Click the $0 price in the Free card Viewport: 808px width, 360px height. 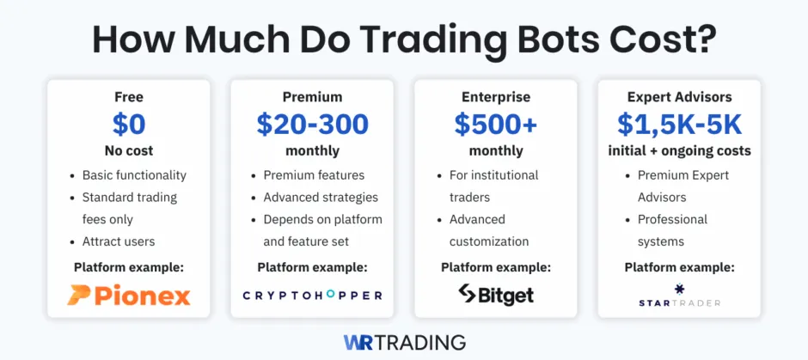(x=128, y=125)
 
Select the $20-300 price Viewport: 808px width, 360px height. (x=312, y=125)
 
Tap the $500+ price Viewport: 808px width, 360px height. (x=496, y=125)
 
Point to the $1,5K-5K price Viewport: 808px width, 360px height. (x=679, y=125)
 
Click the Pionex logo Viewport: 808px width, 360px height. (x=128, y=296)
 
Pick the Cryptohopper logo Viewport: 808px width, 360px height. (x=312, y=295)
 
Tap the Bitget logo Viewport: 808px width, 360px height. (x=496, y=295)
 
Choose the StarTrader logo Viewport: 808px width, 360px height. (x=679, y=296)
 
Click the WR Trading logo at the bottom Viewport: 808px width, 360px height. (x=404, y=342)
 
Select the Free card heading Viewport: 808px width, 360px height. (x=128, y=97)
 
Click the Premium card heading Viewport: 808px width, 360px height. (x=312, y=97)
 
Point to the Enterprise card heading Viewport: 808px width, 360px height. (x=496, y=97)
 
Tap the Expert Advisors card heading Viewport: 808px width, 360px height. (x=679, y=97)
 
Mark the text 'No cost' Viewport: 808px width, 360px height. (x=128, y=151)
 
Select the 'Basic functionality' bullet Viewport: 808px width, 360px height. (x=134, y=175)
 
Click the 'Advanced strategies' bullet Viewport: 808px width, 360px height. (x=321, y=198)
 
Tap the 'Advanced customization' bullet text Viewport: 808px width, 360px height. (x=489, y=230)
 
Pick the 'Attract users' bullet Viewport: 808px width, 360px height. (x=119, y=241)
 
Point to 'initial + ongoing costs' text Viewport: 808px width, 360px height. (x=679, y=151)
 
